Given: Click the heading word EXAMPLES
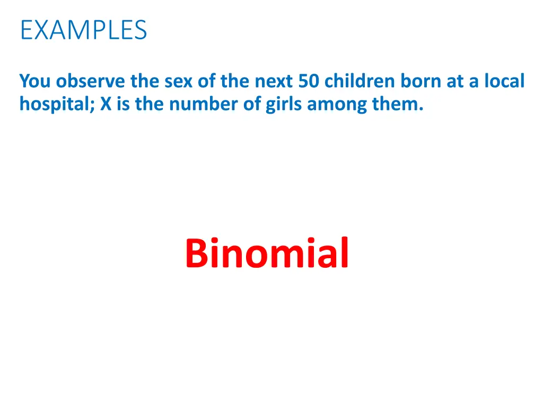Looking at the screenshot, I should (83, 30).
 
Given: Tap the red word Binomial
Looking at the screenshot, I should (267, 253).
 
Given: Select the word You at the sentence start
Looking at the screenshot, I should (36, 81).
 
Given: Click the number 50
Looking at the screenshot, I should (309, 81).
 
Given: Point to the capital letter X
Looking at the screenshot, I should (105, 105).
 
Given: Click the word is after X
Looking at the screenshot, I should (121, 105).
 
